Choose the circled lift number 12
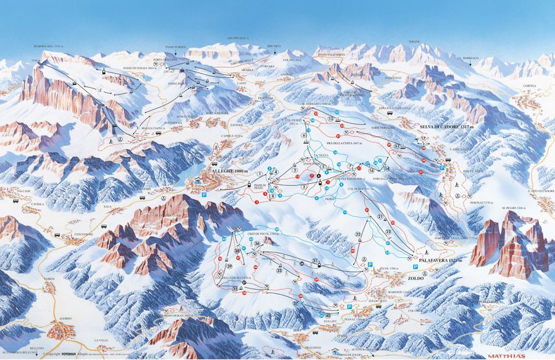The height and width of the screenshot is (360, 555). (x=331, y=120)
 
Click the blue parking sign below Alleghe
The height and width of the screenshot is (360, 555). (x=204, y=194)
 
